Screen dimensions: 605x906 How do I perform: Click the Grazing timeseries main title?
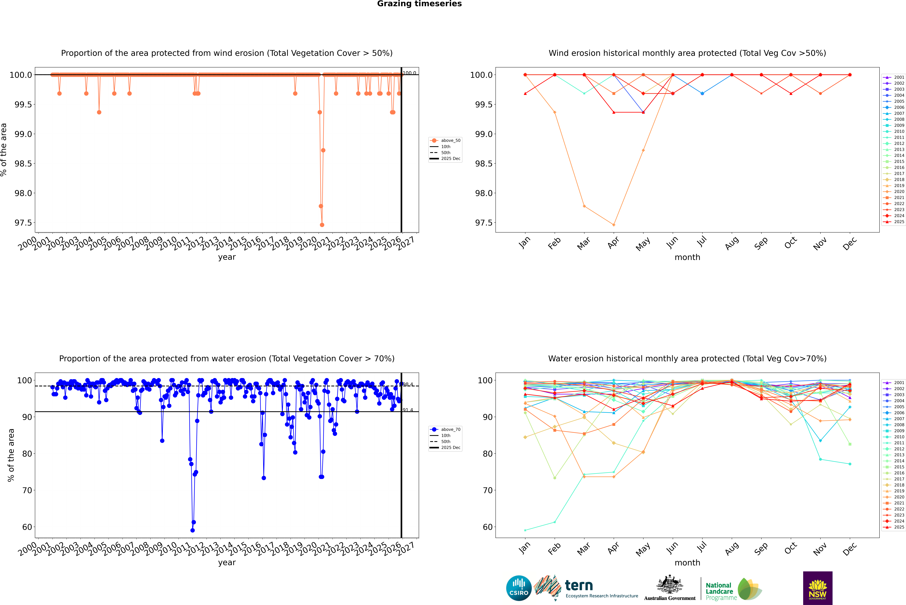[419, 4]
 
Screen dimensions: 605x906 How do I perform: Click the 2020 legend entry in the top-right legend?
[899, 191]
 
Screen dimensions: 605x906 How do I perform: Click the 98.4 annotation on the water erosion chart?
[408, 384]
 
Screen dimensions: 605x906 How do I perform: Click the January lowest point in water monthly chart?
[525, 530]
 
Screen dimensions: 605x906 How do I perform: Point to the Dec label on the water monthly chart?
[850, 549]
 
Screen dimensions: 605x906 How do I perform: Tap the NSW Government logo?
[818, 588]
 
